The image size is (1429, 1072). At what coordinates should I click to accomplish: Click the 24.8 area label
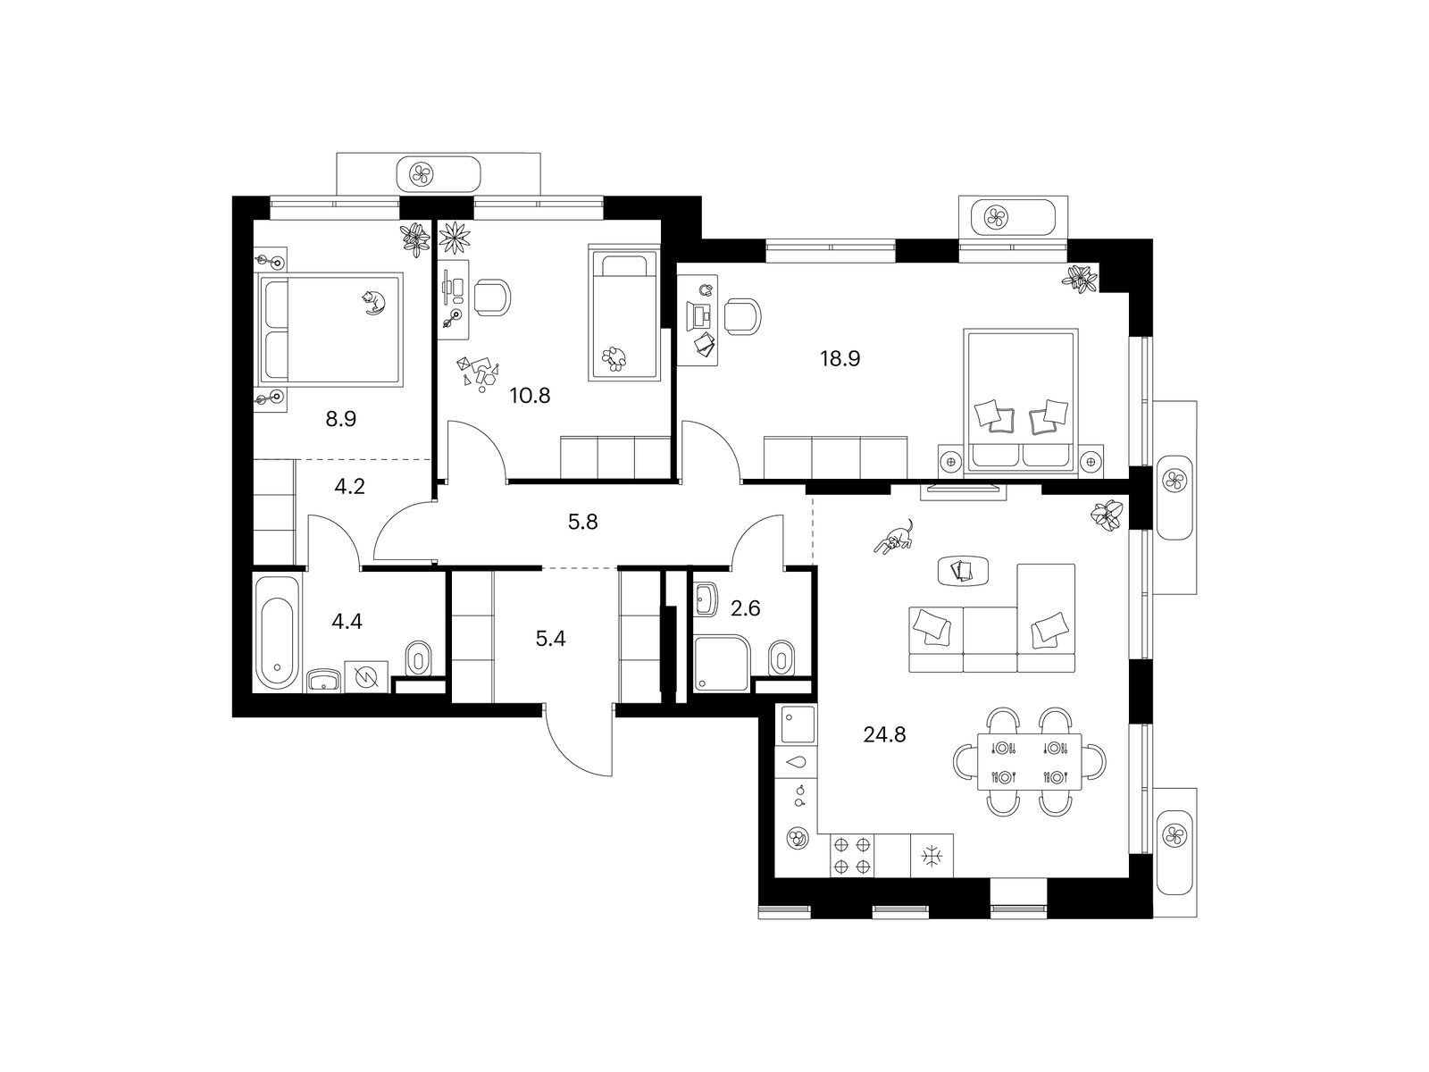click(884, 735)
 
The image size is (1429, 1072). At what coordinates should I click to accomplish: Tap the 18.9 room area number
click(840, 358)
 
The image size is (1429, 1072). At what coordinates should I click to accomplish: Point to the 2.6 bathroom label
click(746, 608)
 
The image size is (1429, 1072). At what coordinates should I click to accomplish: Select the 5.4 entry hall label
click(550, 639)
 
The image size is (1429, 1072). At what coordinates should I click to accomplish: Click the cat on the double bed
click(374, 302)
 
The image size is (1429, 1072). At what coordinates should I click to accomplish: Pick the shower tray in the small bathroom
click(722, 663)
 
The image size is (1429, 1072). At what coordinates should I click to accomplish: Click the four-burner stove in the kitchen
click(852, 855)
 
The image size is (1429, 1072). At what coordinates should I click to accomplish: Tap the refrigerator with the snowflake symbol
click(932, 855)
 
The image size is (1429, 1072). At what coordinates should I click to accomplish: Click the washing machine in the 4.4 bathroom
click(366, 677)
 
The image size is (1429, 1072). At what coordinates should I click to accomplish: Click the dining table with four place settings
click(1029, 761)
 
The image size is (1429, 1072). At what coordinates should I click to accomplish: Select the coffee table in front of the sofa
click(963, 571)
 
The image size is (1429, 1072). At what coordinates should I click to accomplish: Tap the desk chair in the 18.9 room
click(743, 317)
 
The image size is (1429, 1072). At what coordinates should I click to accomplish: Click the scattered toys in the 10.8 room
click(479, 373)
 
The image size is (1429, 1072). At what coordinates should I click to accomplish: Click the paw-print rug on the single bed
click(615, 357)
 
